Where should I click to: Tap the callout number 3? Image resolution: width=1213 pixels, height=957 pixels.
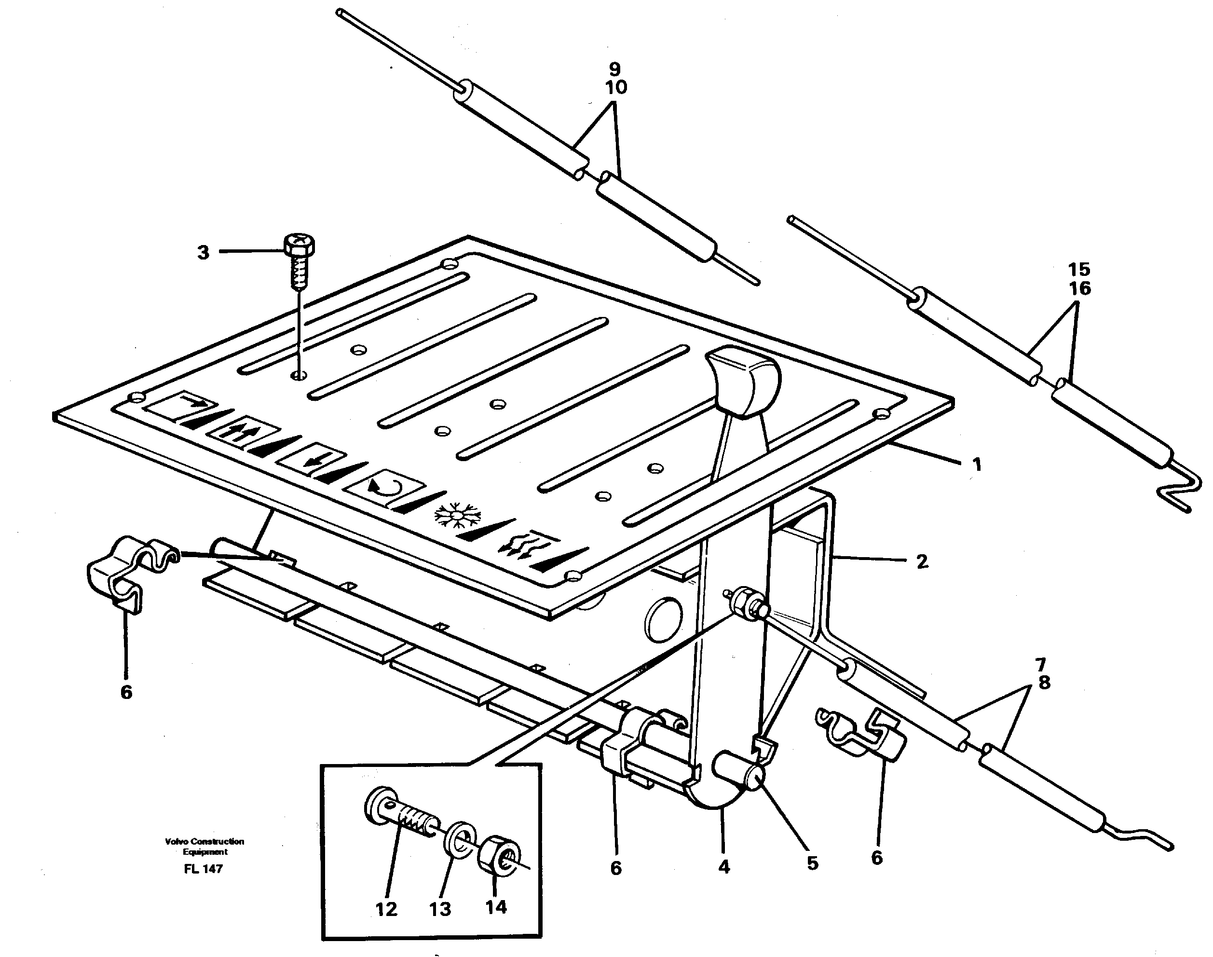[x=203, y=252]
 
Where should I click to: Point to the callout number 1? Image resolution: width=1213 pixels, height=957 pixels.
[x=977, y=465]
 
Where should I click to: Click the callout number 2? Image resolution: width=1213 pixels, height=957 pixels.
[x=922, y=561]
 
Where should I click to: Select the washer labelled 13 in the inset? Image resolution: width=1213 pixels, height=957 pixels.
[x=462, y=839]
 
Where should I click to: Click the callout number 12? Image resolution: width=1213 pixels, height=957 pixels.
[x=386, y=908]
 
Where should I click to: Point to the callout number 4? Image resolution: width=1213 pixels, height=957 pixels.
[x=724, y=867]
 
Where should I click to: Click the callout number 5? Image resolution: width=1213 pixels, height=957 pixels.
[x=812, y=863]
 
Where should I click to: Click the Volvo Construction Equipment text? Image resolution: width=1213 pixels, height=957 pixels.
[x=204, y=846]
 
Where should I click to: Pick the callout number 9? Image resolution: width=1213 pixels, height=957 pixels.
[x=614, y=69]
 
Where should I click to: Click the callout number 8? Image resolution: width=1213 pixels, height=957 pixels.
[x=1044, y=683]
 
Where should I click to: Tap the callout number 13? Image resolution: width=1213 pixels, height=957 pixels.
[x=440, y=909]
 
